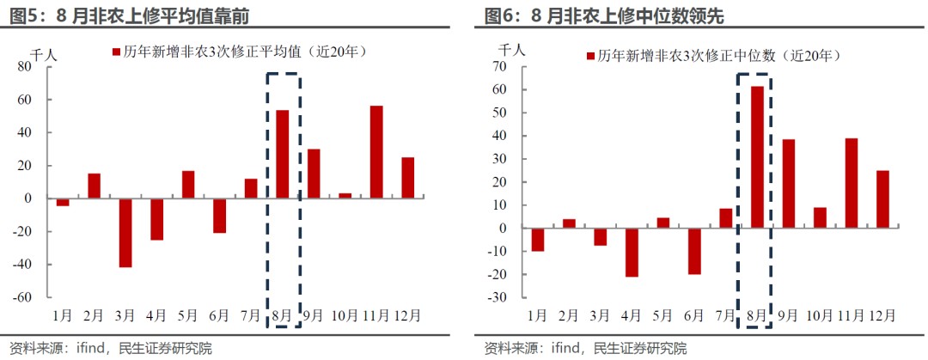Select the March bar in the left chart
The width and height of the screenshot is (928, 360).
[125, 233]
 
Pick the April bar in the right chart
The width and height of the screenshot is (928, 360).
[632, 253]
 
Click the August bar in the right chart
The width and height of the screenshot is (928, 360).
[757, 157]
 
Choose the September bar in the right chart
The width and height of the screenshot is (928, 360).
[788, 184]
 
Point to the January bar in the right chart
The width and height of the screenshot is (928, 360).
[538, 240]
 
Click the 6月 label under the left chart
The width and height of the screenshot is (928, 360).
[220, 314]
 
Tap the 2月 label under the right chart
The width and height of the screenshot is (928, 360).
[569, 314]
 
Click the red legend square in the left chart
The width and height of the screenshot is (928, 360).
[117, 52]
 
